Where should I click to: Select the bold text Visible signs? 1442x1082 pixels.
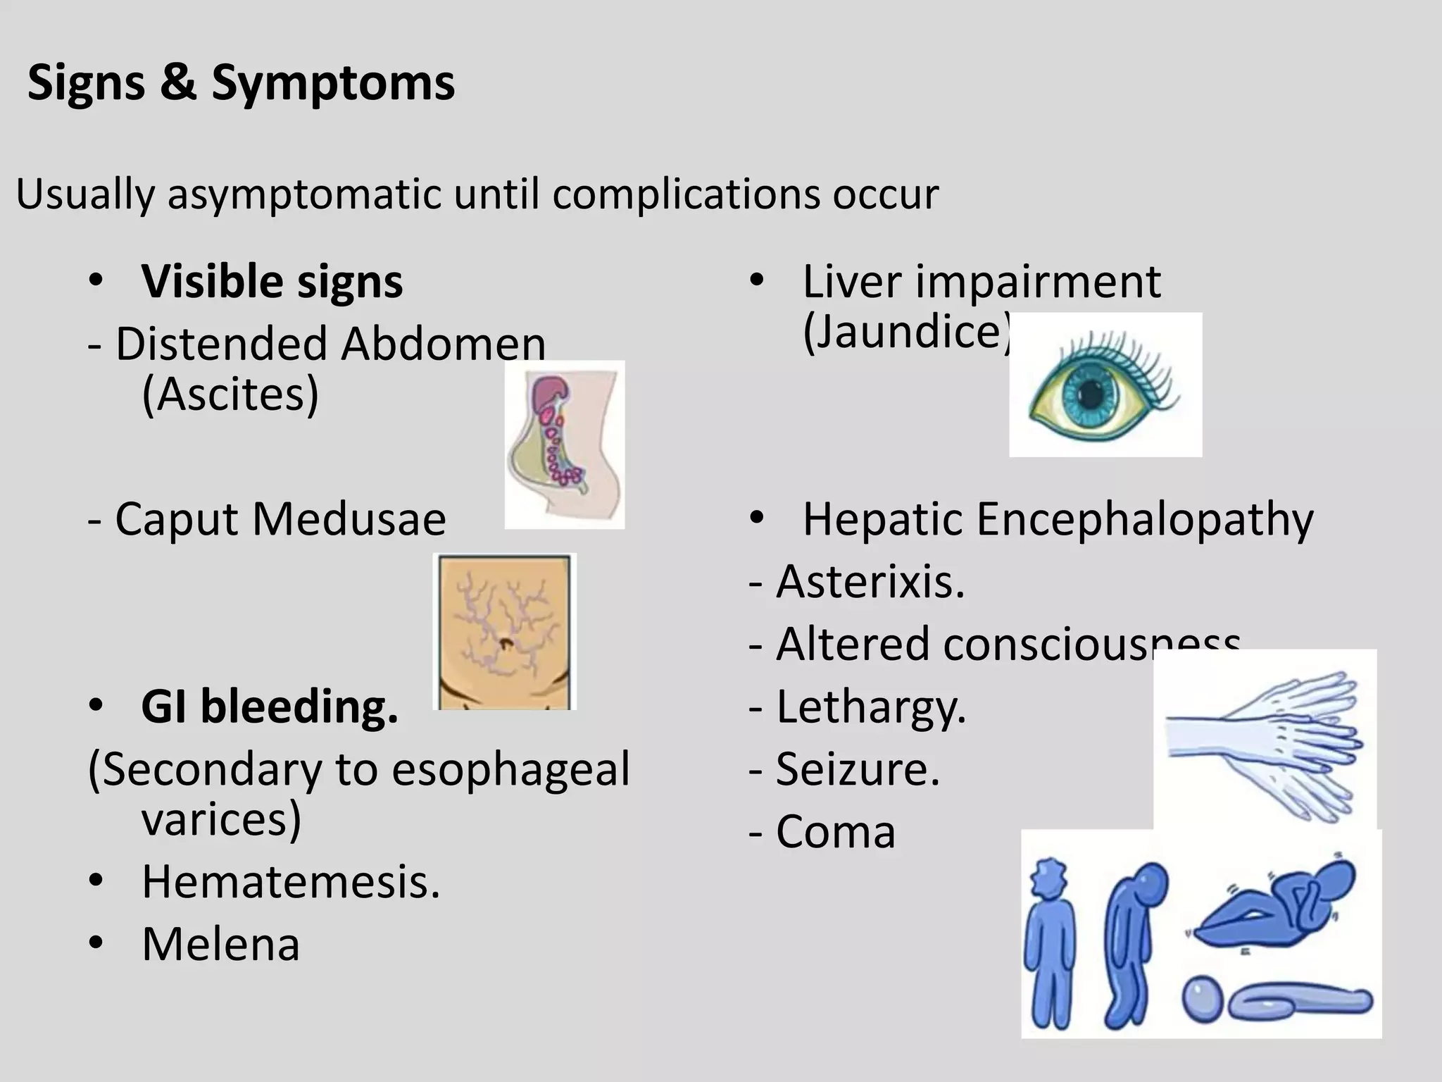272,282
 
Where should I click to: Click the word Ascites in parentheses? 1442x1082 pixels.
230,394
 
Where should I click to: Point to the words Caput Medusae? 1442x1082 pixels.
280,520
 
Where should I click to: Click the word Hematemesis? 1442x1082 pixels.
290,882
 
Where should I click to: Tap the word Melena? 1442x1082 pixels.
220,945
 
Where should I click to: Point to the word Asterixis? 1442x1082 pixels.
870,583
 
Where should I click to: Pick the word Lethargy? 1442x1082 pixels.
871,707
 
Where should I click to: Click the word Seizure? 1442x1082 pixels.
858,769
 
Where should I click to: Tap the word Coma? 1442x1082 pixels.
835,832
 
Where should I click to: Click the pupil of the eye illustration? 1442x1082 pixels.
1091,394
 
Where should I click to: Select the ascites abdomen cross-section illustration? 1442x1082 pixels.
564,444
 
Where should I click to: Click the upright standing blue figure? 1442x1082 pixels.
1052,944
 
